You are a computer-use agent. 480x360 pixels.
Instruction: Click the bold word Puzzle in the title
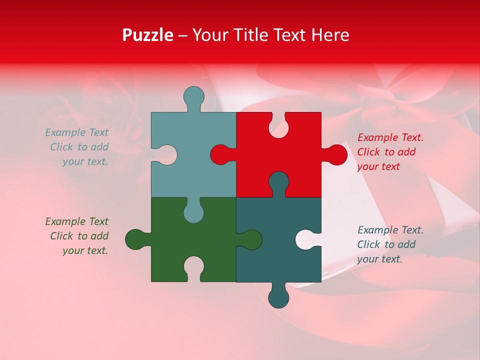(147, 35)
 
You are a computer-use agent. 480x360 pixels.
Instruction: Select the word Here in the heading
(330, 35)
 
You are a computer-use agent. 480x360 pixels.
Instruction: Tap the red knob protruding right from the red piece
(336, 154)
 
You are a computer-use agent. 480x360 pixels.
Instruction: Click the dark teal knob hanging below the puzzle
(278, 297)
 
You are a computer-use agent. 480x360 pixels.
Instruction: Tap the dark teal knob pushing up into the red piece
(278, 182)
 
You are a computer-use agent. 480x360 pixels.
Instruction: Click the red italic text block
(390, 152)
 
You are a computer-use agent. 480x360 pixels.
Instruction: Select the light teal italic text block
(77, 147)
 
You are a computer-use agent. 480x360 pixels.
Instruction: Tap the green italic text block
(77, 236)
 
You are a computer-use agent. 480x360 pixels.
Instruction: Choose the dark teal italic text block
(390, 244)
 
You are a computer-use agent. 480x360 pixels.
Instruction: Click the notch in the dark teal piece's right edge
(307, 239)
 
